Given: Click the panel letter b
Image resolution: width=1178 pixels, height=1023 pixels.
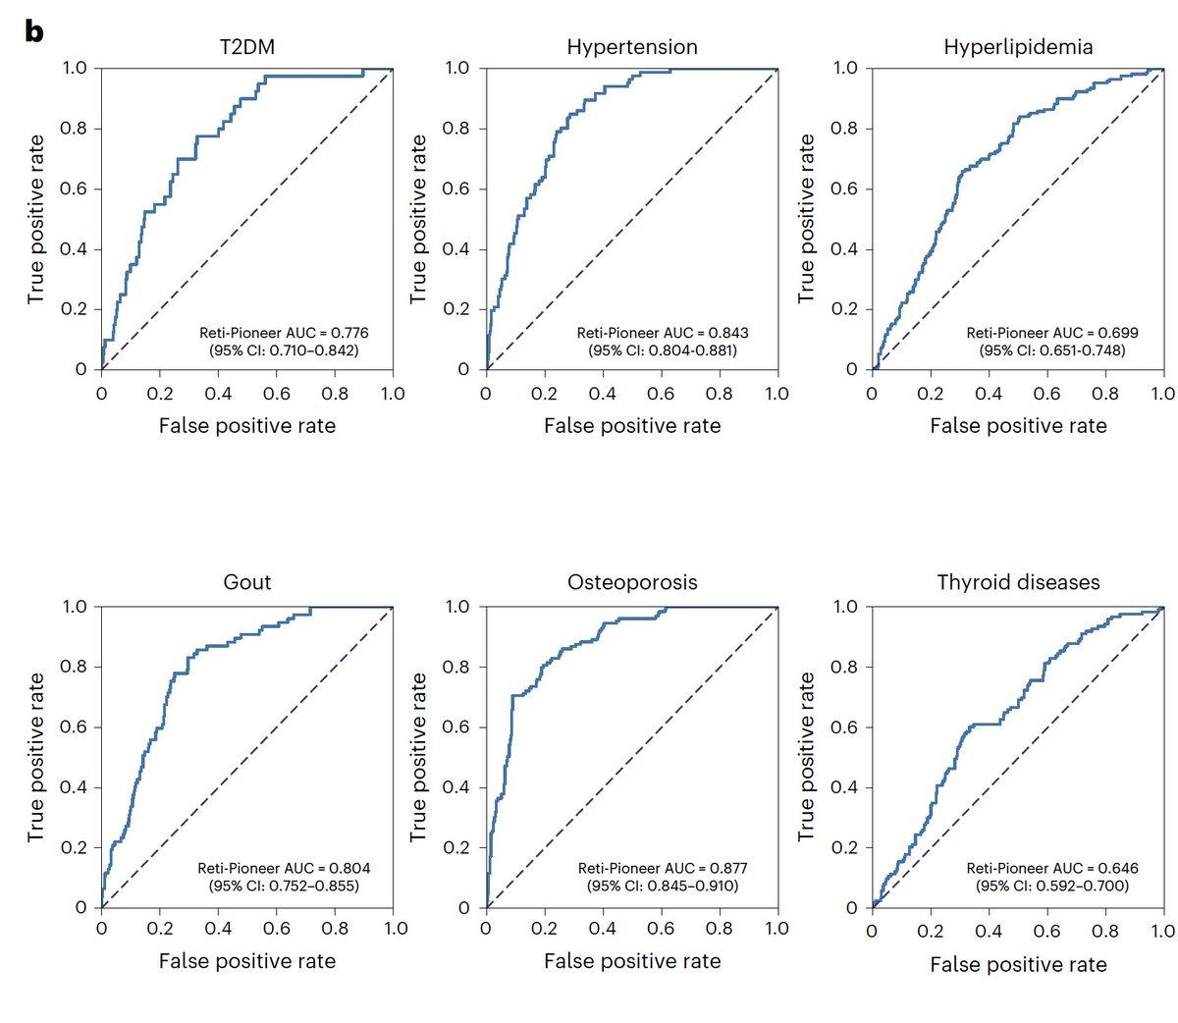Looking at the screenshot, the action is point(34,31).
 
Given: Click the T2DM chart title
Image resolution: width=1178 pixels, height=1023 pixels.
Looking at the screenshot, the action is point(247,46).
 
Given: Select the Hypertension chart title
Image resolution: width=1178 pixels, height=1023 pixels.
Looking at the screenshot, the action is point(631,46).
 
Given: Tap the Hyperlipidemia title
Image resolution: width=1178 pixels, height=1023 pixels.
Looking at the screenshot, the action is point(1017,46).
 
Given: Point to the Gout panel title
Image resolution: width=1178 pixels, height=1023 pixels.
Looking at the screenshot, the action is point(247,582).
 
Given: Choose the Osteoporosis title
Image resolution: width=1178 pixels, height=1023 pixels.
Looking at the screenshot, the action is point(632,582).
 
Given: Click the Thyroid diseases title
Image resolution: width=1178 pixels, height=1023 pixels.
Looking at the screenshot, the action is point(1018,582).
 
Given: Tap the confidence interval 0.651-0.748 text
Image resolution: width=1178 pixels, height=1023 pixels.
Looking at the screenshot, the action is point(1051,350).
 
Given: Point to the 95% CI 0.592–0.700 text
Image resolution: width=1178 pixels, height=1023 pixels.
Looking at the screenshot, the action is point(1051,886).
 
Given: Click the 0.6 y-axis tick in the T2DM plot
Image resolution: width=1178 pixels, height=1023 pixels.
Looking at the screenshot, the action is point(73,188).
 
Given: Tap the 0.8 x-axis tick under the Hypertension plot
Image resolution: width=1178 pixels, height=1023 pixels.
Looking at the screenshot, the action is point(720,394).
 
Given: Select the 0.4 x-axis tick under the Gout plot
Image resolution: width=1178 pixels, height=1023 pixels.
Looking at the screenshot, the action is point(218,929).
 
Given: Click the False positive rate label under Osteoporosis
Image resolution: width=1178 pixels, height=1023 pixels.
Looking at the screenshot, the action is point(632,961).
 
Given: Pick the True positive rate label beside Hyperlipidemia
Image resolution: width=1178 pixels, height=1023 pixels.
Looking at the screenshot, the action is point(806,219).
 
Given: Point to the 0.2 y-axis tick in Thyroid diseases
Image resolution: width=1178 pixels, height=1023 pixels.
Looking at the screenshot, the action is point(843,847).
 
